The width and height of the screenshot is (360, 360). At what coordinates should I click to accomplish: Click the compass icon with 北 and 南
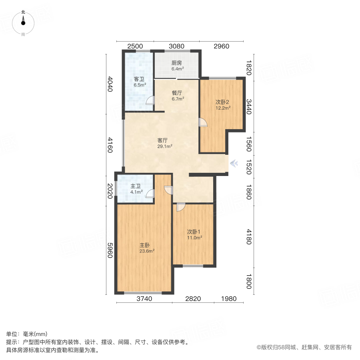pyautogui.click(x=23, y=23)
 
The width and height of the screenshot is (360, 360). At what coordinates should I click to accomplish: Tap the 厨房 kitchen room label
pyautogui.click(x=177, y=66)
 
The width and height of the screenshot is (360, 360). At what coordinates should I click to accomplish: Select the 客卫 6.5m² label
pyautogui.click(x=140, y=82)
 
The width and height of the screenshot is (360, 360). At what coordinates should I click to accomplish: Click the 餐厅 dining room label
pyautogui.click(x=177, y=96)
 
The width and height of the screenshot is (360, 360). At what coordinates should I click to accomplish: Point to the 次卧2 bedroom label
pyautogui.click(x=222, y=104)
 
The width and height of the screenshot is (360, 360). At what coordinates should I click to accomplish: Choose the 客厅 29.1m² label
pyautogui.click(x=164, y=143)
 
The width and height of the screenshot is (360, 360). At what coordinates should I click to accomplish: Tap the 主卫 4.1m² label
pyautogui.click(x=136, y=189)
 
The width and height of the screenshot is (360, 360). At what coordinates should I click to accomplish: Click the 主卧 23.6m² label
pyautogui.click(x=146, y=248)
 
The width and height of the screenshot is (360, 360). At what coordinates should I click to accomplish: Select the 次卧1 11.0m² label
pyautogui.click(x=195, y=234)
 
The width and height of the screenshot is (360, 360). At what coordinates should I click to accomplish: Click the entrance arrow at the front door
pyautogui.click(x=234, y=163)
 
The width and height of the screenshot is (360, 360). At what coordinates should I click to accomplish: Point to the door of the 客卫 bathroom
pyautogui.click(x=150, y=100)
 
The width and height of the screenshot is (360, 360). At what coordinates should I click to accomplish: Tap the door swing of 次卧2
pyautogui.click(x=203, y=122)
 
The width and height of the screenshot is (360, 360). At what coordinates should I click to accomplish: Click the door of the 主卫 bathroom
pyautogui.click(x=150, y=194)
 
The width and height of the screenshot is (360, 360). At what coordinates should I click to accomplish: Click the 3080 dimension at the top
pyautogui.click(x=176, y=46)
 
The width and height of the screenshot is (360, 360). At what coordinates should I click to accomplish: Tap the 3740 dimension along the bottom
pyautogui.click(x=144, y=298)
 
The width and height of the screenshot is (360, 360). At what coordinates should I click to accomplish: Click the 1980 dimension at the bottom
pyautogui.click(x=228, y=298)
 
